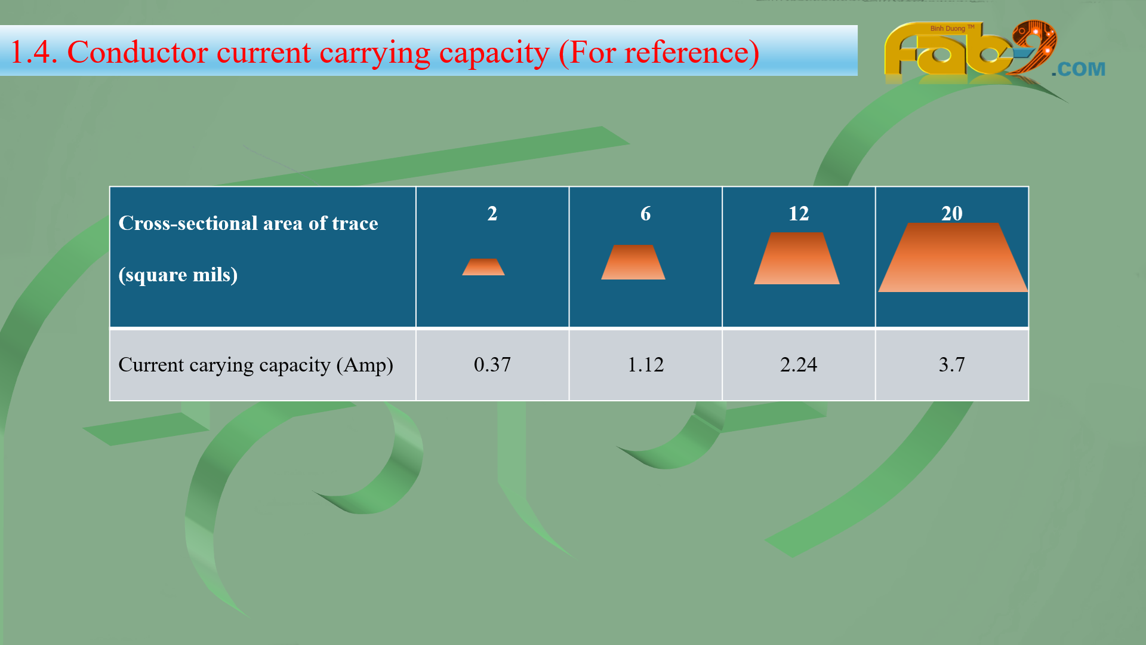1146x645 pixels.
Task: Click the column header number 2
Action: click(492, 214)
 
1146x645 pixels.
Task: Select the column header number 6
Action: click(645, 214)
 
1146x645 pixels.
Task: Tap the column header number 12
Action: click(799, 214)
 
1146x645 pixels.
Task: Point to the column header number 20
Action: click(952, 214)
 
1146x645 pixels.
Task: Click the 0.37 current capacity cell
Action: click(492, 364)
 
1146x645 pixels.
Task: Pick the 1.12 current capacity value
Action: click(645, 364)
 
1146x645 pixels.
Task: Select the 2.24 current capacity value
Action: click(799, 364)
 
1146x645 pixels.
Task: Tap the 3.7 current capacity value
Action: click(951, 364)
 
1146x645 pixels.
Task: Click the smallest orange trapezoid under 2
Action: click(483, 267)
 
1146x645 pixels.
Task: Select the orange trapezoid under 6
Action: click(633, 262)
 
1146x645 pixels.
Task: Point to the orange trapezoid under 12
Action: click(797, 258)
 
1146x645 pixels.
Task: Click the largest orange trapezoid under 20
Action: click(953, 257)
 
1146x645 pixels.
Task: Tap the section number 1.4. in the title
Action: click(34, 52)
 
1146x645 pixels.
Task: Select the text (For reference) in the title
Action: click(659, 53)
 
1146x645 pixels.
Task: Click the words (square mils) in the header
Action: click(178, 275)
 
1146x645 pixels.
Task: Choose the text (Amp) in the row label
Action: click(365, 365)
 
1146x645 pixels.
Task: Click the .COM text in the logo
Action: click(1079, 69)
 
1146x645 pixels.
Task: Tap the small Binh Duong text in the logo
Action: click(948, 28)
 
